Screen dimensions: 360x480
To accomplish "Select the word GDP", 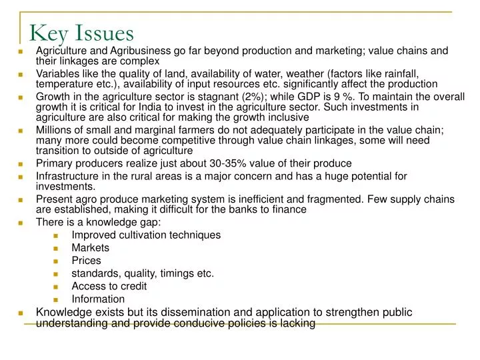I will [x=311, y=97].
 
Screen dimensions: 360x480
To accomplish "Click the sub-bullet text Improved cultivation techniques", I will [x=146, y=235].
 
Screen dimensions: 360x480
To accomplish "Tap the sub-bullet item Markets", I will [x=90, y=247].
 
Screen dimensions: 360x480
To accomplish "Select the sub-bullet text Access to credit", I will [x=109, y=286].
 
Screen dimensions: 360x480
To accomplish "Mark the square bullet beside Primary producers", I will [x=21, y=164].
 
